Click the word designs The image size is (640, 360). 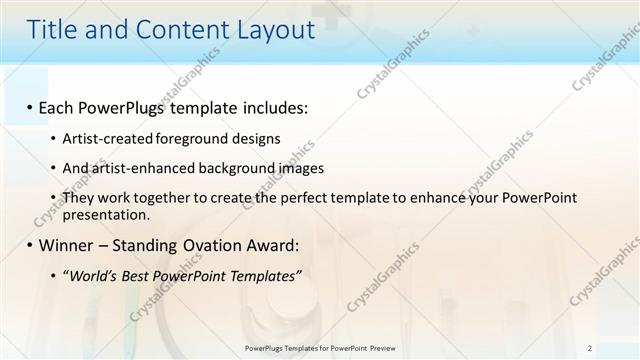253,138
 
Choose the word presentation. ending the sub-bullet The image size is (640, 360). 106,214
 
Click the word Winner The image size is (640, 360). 67,245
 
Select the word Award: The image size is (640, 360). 274,245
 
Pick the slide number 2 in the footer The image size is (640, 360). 590,348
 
